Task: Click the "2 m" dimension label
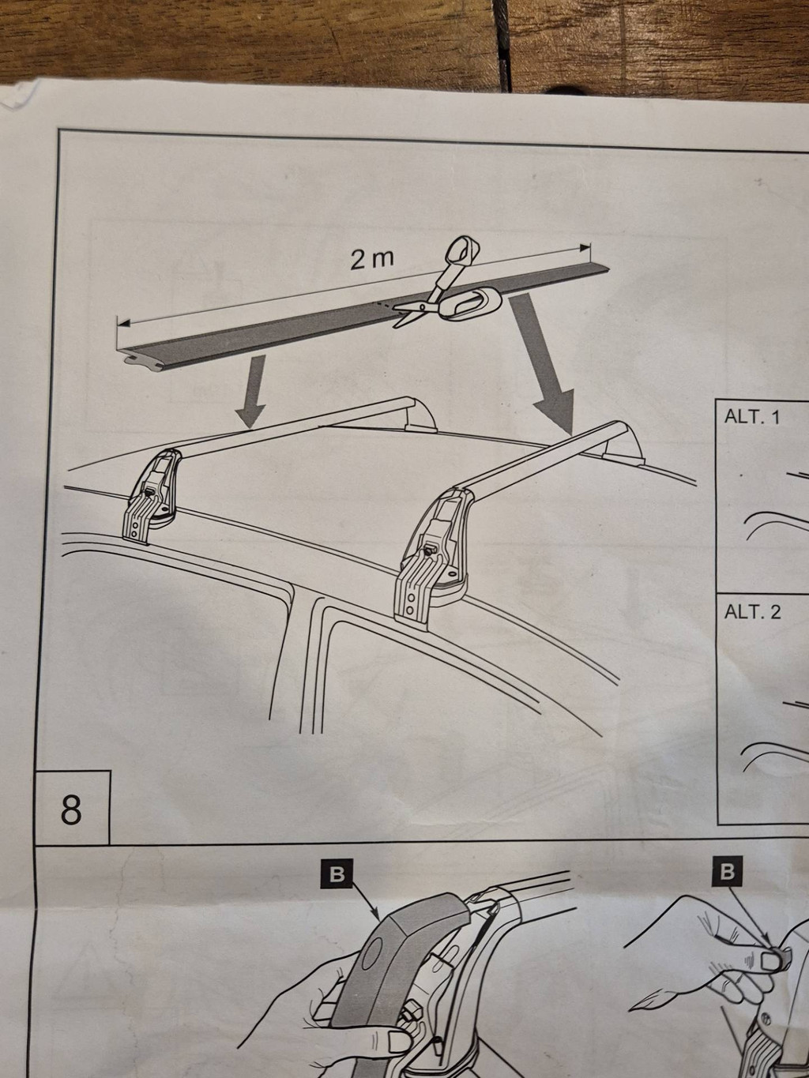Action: click(372, 259)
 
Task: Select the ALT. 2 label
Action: click(752, 612)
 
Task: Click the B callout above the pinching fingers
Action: click(728, 872)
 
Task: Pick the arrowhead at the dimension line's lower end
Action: click(123, 324)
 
